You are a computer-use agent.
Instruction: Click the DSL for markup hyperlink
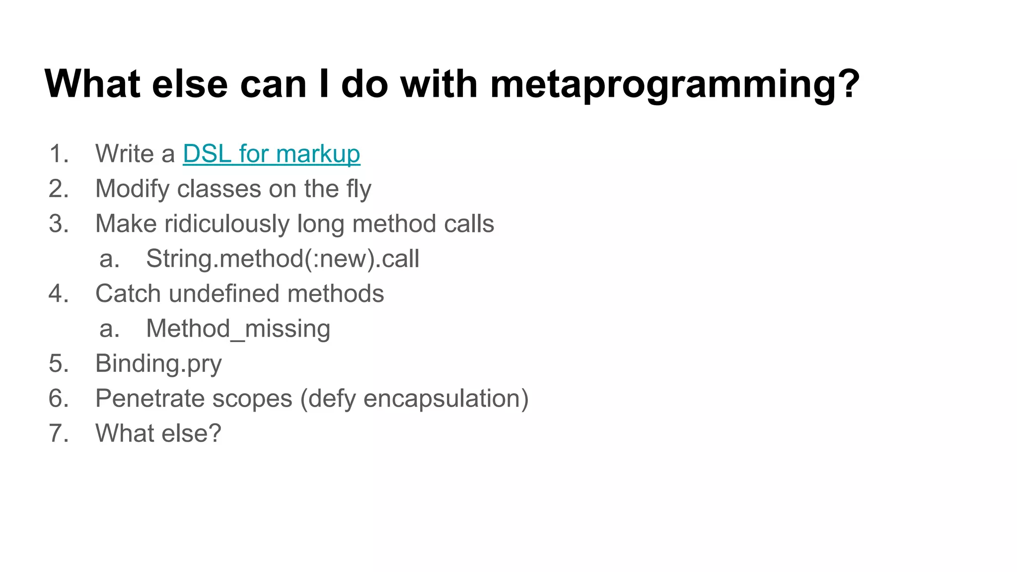[271, 154]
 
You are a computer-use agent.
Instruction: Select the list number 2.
[58, 189]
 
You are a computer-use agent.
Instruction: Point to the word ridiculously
[227, 224]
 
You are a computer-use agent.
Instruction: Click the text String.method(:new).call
[282, 259]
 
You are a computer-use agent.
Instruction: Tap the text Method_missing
[238, 329]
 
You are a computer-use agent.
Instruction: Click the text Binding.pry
[158, 363]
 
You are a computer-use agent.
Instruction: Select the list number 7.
[58, 433]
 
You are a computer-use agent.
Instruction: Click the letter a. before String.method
[109, 259]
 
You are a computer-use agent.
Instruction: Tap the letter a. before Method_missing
[109, 329]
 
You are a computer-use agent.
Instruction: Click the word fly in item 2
[359, 189]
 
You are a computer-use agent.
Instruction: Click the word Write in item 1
[124, 154]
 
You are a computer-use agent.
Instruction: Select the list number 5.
[58, 363]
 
